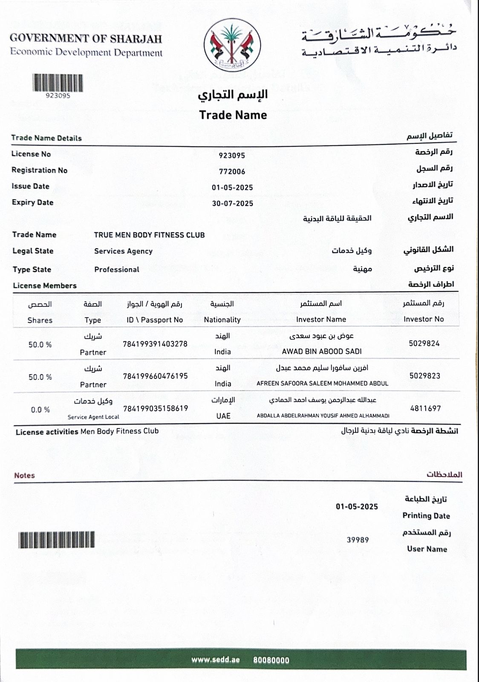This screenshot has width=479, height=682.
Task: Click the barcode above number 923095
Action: (x=58, y=83)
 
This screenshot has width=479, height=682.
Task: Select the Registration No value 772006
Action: (x=232, y=171)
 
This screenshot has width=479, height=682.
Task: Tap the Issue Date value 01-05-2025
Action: (x=232, y=188)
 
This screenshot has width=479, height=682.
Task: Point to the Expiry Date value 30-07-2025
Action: (x=232, y=204)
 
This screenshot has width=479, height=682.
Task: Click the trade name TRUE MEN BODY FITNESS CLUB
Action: (x=149, y=235)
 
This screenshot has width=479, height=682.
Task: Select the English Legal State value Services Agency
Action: (x=123, y=251)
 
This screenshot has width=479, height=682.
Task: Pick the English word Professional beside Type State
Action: (x=117, y=269)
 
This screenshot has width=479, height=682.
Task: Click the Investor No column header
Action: (x=424, y=319)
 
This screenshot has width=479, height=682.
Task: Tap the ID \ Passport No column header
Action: (x=155, y=320)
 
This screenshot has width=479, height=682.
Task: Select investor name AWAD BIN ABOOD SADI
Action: (x=322, y=352)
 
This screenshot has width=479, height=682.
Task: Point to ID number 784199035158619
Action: (x=156, y=408)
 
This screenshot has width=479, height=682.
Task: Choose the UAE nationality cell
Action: (x=223, y=416)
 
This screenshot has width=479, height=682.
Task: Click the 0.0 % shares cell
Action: (x=40, y=410)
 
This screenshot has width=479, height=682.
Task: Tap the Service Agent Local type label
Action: (x=93, y=417)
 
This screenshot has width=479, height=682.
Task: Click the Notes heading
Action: (x=24, y=475)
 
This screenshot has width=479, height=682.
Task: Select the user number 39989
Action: (x=358, y=540)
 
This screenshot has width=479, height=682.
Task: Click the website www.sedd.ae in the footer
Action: (x=216, y=660)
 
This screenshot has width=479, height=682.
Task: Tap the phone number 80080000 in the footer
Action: (x=271, y=660)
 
